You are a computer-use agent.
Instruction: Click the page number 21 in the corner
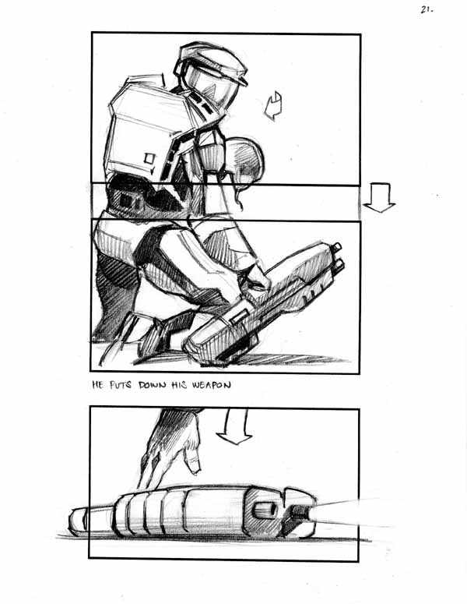coord(426,9)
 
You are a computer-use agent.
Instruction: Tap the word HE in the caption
coord(97,384)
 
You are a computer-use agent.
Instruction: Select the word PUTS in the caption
coord(121,385)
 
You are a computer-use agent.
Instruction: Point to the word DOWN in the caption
coord(153,385)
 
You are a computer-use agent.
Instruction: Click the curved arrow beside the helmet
coord(273,106)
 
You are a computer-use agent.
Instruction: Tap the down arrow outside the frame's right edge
coord(379,197)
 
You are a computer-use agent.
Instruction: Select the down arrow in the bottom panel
coord(233,427)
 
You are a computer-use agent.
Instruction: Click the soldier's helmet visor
coord(208,86)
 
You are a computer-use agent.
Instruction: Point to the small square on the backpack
coord(149,159)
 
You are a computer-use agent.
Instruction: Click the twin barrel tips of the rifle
coord(337,257)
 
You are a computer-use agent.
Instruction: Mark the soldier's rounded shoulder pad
coord(242,159)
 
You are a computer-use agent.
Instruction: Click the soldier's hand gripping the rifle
coord(254,278)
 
